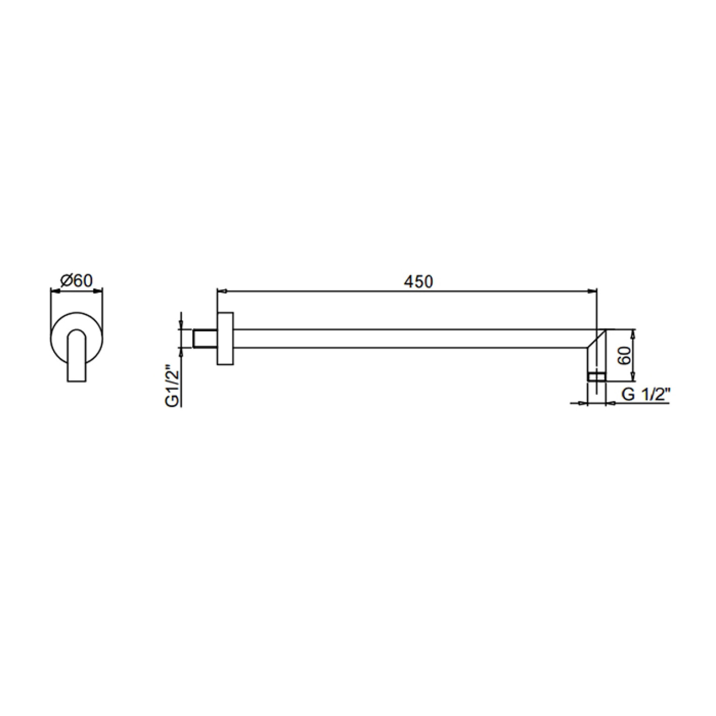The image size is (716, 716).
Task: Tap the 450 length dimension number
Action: coord(419,281)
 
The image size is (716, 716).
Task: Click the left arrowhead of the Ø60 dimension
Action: coord(54,292)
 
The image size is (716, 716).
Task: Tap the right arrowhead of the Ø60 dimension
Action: coord(98,292)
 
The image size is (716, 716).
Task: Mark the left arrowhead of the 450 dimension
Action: coord(222,292)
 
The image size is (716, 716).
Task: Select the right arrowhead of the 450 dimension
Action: coord(593,292)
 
